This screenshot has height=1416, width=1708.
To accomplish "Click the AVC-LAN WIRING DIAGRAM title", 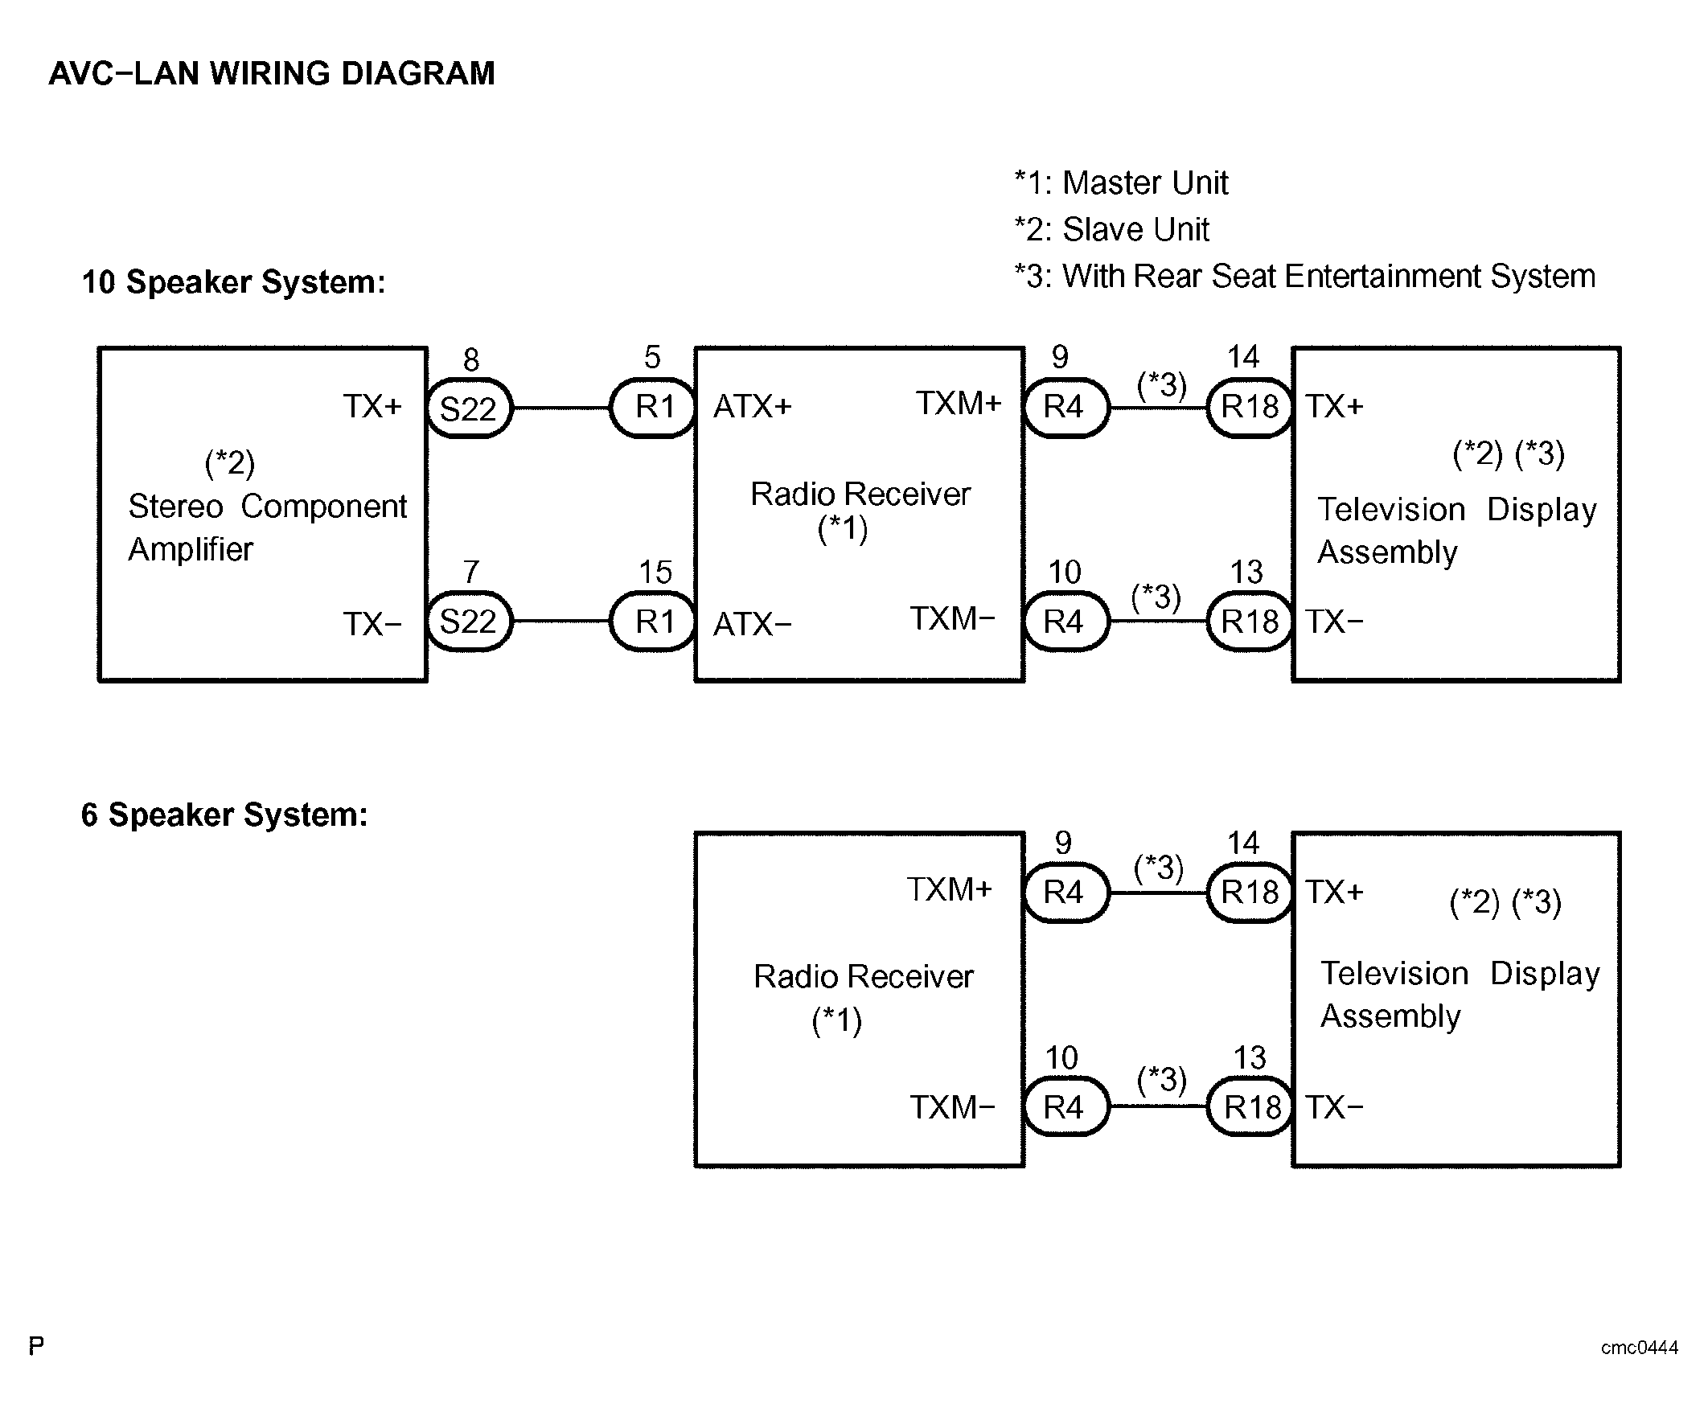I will click(x=272, y=73).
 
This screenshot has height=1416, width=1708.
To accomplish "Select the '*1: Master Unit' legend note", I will click(x=1121, y=183).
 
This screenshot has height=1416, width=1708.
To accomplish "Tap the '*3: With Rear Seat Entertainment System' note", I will click(x=1304, y=277).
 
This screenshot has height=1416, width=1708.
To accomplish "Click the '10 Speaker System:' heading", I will click(x=233, y=282).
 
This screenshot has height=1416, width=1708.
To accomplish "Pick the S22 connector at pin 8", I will click(x=469, y=408).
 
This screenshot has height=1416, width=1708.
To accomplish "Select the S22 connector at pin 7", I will click(x=469, y=622).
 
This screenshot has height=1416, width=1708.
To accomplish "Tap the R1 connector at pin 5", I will click(x=654, y=407).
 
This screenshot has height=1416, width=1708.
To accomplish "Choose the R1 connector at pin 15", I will click(x=654, y=622).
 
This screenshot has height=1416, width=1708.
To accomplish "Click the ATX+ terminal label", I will click(x=753, y=407).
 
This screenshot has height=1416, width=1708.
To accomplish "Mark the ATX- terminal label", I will click(x=753, y=624).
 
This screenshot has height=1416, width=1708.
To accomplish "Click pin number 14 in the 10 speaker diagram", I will click(x=1242, y=357).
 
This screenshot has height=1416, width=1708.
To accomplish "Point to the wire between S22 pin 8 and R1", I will click(x=561, y=408).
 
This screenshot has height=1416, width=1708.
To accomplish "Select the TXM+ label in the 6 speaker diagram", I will click(x=949, y=890).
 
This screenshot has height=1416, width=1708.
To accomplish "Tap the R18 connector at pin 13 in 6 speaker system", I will click(x=1251, y=1108).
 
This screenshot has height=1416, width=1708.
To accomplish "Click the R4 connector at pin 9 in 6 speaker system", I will click(x=1064, y=893).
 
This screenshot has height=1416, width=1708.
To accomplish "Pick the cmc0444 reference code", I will click(x=1639, y=1348).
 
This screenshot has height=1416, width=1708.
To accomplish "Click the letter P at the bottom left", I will click(x=37, y=1346).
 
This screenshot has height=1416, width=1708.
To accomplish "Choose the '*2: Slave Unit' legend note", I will click(x=1112, y=230).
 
